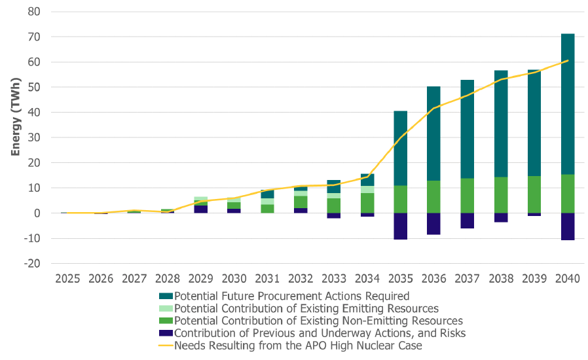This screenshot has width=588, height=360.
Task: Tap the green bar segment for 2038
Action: coord(500,195)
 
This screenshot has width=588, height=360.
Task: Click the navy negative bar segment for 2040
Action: coord(567,226)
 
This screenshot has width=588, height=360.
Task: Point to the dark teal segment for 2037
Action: coord(468,129)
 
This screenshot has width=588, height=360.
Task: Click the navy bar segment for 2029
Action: coord(201,209)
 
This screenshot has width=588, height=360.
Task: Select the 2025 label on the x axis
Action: coord(67,278)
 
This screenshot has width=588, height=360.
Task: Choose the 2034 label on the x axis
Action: coord(367,278)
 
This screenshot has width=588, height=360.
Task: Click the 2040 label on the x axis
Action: coord(567,278)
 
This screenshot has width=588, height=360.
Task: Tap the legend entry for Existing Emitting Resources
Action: coord(306,308)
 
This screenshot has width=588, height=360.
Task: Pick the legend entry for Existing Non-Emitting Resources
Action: coord(318,321)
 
